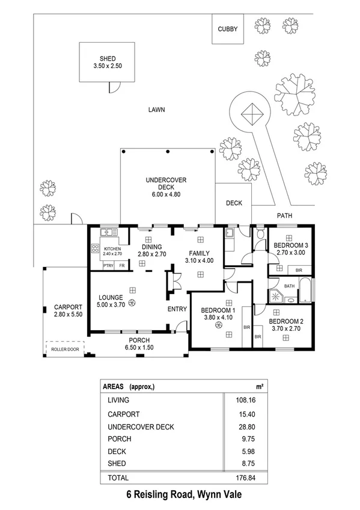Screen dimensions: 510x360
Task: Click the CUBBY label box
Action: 228,29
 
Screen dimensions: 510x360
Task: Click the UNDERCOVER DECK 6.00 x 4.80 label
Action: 166,187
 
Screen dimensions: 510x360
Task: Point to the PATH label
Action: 284,215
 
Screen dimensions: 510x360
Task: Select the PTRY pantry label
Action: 108,265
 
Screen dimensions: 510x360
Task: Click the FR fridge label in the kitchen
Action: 122,265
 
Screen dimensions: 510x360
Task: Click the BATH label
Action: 289,286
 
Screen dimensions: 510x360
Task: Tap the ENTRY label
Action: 177,309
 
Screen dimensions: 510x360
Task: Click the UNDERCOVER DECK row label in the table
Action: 141,427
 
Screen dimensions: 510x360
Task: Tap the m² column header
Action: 259,386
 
